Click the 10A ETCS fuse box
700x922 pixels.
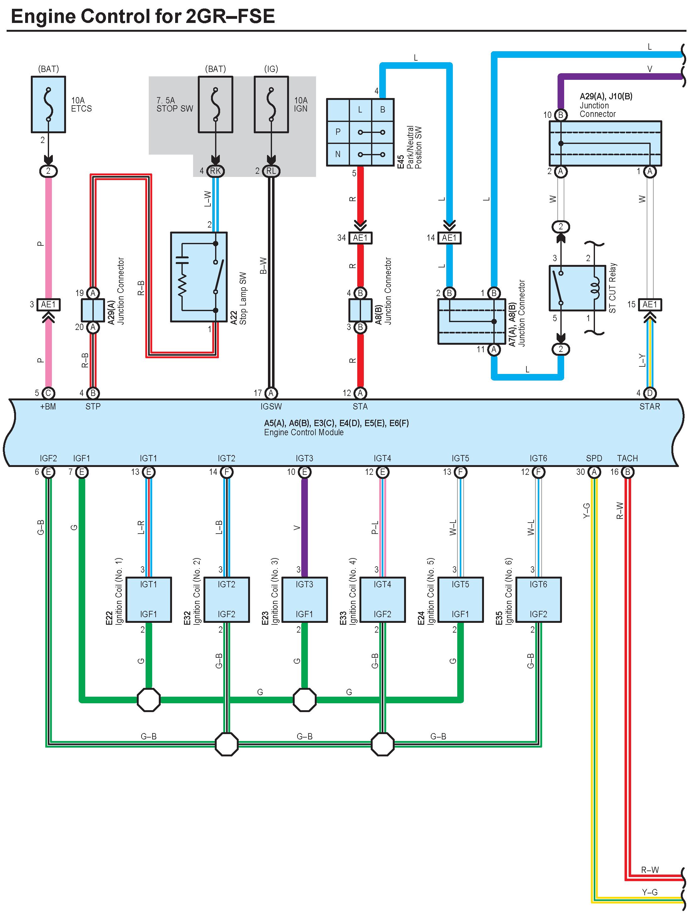pyautogui.click(x=48, y=104)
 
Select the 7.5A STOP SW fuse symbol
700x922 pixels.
pyautogui.click(x=215, y=104)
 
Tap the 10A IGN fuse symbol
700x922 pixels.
pyautogui.click(x=271, y=104)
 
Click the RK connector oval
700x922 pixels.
pyautogui.click(x=215, y=171)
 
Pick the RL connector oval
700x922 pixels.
pyautogui.click(x=271, y=171)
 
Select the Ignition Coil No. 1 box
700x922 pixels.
pyautogui.click(x=148, y=599)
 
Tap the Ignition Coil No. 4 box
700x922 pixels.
pyautogui.click(x=382, y=599)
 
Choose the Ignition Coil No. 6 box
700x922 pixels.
pyautogui.click(x=538, y=599)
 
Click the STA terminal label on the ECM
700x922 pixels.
pyautogui.click(x=360, y=406)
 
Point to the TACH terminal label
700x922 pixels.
pyautogui.click(x=627, y=458)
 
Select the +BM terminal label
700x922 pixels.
pyautogui.click(x=48, y=406)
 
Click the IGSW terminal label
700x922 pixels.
pyautogui.click(x=271, y=406)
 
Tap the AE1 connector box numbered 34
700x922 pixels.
pyautogui.click(x=360, y=238)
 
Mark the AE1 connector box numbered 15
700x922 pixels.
pyautogui.click(x=649, y=305)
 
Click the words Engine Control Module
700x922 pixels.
pyautogui.click(x=304, y=432)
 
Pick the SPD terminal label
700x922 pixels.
pyautogui.click(x=594, y=458)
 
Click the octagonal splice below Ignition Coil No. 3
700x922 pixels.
pyautogui.click(x=304, y=700)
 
